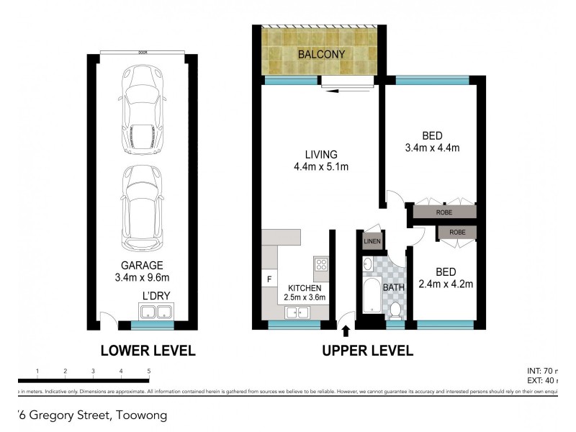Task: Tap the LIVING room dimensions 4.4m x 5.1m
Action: point(321,168)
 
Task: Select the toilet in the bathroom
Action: point(395,309)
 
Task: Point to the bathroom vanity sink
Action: point(368,266)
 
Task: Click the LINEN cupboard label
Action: point(372,241)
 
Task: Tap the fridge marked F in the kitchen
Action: point(269,279)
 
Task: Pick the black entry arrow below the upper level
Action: point(346,330)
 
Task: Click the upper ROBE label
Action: point(442,212)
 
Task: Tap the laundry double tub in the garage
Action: point(155,312)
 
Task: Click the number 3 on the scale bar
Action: point(93,371)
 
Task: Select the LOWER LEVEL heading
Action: point(148,351)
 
